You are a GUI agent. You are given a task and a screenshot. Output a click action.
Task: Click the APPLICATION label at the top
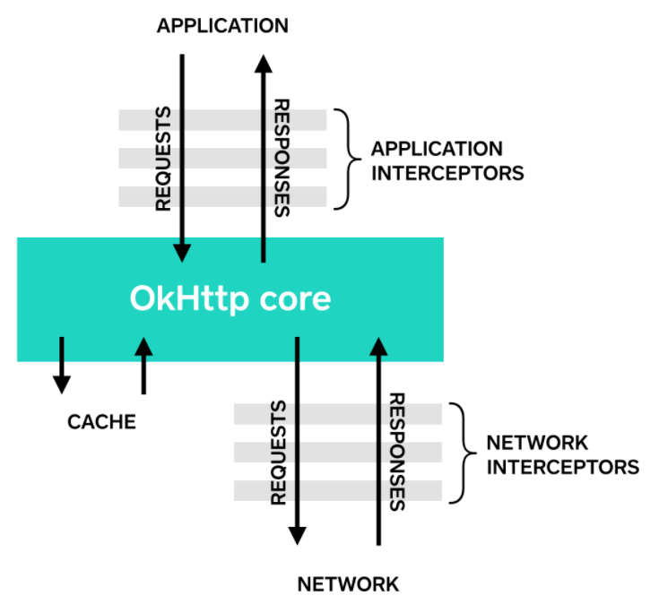coord(222,26)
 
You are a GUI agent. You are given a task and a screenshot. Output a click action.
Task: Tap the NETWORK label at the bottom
coord(348,584)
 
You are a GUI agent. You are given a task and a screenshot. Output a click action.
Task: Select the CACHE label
coord(101,421)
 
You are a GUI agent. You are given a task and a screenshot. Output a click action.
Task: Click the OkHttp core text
coord(230,298)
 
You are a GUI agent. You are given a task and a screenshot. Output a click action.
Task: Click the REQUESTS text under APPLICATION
coord(163,160)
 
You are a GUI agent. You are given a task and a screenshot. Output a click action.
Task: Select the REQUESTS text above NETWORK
coord(278,452)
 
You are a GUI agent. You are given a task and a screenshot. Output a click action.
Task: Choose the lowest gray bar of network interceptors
coord(337,490)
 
